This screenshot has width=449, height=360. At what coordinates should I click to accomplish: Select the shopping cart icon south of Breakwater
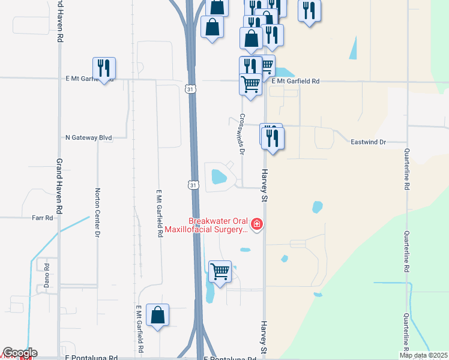220,272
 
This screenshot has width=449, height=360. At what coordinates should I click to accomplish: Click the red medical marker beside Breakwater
257,224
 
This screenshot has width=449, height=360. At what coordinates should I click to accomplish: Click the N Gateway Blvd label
89,137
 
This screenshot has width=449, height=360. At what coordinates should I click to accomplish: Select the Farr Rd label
43,218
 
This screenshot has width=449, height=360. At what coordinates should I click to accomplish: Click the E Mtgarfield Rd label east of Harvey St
295,81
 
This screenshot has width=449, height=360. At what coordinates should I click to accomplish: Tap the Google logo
19,353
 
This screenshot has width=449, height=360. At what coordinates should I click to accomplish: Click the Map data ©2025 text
424,355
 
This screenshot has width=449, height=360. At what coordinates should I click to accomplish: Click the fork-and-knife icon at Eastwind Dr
273,139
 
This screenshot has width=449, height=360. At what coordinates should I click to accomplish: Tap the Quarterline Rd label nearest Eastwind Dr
406,169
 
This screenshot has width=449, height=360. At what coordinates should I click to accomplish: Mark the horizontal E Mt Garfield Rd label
89,79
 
